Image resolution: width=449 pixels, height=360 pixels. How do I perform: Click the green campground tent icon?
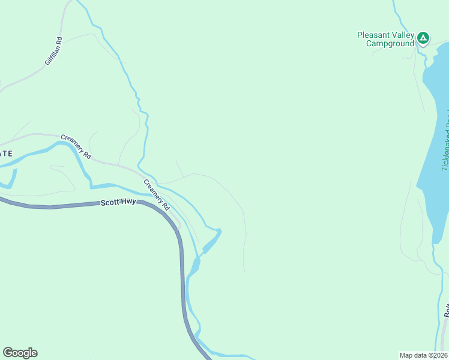423,38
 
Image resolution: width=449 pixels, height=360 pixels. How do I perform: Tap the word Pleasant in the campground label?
372,35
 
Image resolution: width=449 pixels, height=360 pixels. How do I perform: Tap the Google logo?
20,353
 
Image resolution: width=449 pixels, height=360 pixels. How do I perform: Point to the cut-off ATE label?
5,154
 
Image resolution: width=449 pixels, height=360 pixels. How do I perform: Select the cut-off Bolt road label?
447,309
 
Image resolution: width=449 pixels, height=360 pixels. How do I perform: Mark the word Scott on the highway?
109,204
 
